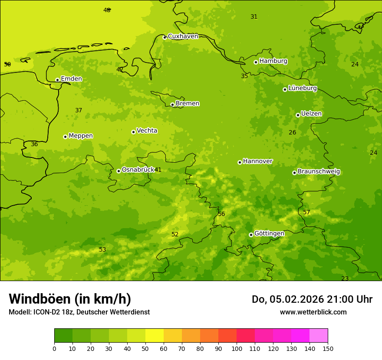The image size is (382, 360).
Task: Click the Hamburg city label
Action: [x=273, y=61]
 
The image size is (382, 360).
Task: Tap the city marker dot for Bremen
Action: [x=172, y=105]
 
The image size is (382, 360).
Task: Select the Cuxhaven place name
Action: [x=183, y=36]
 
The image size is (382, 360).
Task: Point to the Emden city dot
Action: [x=57, y=80]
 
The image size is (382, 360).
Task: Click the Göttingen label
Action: [x=269, y=234]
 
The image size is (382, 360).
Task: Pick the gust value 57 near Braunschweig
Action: [x=306, y=212]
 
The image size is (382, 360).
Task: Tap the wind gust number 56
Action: [x=221, y=214]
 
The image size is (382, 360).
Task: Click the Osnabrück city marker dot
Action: [x=119, y=171]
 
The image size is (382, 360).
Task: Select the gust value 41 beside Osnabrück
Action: [x=158, y=170]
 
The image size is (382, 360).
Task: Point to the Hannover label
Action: [x=257, y=161]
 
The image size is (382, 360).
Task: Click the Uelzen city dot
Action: [x=298, y=115]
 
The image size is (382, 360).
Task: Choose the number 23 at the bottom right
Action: [x=345, y=278]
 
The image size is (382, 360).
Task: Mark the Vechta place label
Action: [x=147, y=131]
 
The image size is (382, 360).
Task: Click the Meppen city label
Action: [x=81, y=136]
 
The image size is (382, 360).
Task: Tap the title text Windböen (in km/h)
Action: [x=70, y=299]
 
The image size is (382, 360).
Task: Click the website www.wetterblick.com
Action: [x=313, y=312]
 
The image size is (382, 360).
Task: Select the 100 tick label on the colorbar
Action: [x=237, y=348]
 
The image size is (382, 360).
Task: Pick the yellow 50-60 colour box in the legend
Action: [x=155, y=336]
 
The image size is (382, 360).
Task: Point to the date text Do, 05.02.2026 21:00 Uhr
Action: [x=312, y=299]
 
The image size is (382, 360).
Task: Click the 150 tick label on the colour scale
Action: [x=328, y=348]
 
